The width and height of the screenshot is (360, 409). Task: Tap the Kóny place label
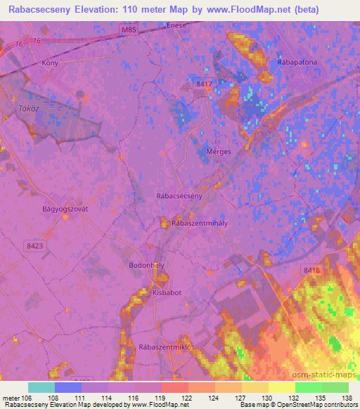click(x=49, y=62)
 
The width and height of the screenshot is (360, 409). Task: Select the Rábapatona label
click(x=289, y=61)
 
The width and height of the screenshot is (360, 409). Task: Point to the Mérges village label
click(x=219, y=152)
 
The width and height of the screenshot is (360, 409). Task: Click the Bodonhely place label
click(x=147, y=266)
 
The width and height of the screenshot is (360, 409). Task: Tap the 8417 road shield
click(x=204, y=84)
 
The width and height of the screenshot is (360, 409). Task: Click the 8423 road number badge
click(x=34, y=245)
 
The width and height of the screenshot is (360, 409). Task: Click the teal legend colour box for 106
click(x=41, y=387)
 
